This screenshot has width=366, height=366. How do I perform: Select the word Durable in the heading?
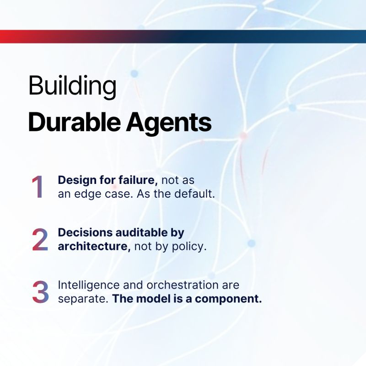74,122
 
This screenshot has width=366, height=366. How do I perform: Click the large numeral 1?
38,187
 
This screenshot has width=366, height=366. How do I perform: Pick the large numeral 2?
40,239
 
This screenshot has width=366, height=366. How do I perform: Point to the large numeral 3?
40,292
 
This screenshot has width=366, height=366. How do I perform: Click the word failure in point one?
138,180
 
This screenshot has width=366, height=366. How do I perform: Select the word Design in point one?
77,180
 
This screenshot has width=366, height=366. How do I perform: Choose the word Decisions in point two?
85,233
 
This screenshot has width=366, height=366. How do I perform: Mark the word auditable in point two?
141,232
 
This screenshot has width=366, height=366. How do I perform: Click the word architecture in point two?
94,246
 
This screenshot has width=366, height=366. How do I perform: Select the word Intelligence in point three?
89,285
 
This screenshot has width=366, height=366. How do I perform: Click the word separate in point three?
83,299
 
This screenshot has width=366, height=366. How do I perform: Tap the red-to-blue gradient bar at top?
183,37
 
